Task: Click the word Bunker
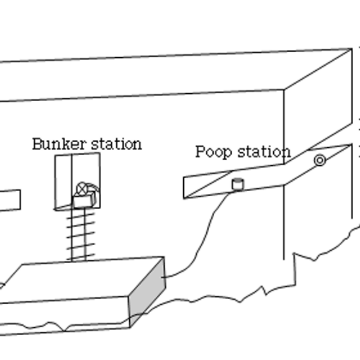[59, 144]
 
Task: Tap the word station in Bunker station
[117, 144]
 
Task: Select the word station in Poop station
[264, 152]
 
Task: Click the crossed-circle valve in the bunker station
[82, 189]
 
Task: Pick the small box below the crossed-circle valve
[84, 200]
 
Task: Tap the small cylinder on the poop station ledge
[238, 184]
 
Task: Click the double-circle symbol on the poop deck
[320, 161]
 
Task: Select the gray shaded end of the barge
[147, 292]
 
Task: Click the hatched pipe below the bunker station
[78, 235]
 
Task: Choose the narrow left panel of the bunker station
[63, 181]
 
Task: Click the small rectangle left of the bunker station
[10, 201]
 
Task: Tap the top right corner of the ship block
[352, 49]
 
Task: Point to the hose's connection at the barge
[163, 277]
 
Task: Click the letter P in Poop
[200, 151]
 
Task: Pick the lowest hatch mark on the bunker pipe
[81, 256]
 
